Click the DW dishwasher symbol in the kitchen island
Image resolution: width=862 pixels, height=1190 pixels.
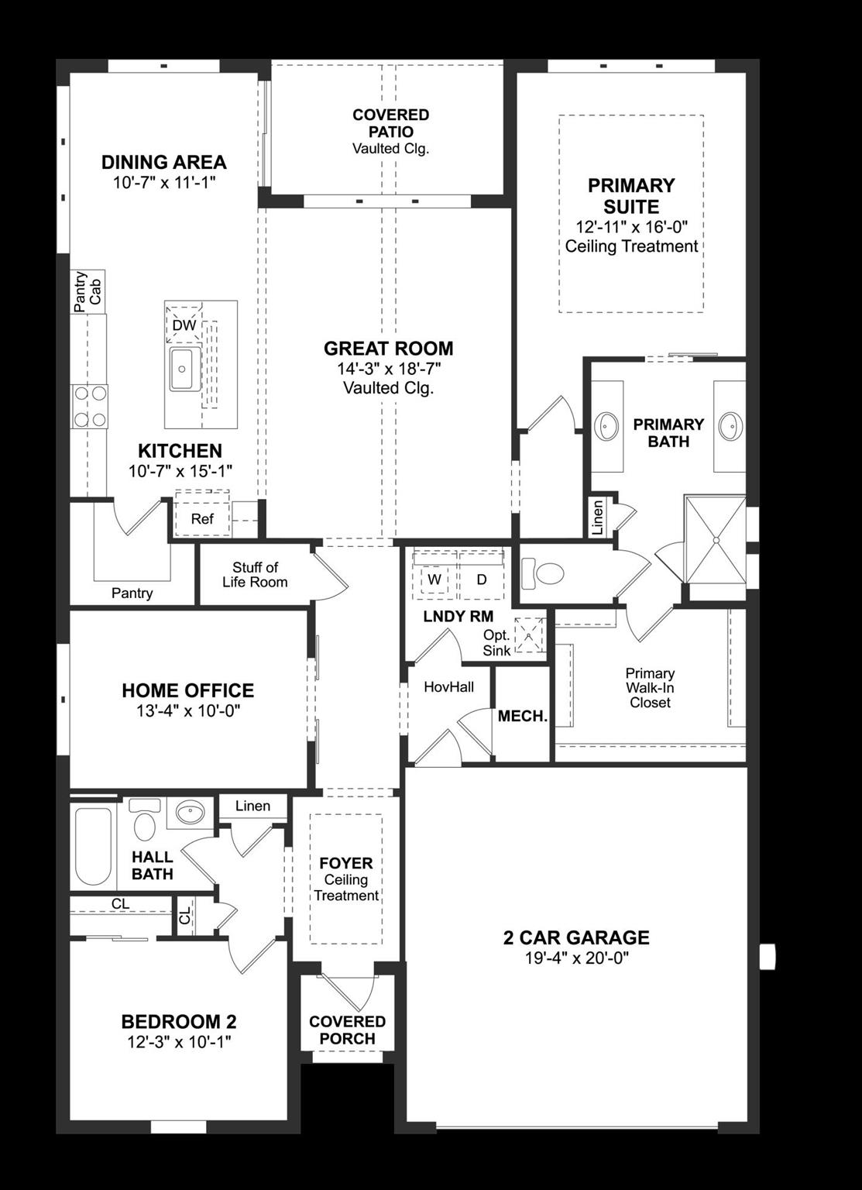184,325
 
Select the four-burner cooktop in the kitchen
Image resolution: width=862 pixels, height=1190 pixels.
89,407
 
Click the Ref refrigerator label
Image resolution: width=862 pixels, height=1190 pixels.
202,518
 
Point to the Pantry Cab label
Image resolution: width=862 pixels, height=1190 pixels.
88,291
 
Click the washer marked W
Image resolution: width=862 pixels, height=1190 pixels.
434,580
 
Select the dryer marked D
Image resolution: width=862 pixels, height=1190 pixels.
481,580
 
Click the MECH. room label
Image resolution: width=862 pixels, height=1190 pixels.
522,717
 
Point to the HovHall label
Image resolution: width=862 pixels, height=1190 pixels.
448,687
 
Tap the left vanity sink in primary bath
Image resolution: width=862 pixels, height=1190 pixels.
606,426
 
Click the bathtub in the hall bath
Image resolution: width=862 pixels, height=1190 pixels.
93,846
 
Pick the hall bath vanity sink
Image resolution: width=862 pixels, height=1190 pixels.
190,813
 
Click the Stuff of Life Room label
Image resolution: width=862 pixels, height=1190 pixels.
255,575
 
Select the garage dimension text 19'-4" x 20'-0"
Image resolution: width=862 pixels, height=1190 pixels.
576,958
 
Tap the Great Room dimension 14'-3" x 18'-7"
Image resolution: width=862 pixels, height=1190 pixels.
388,369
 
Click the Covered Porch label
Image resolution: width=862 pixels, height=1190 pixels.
347,1030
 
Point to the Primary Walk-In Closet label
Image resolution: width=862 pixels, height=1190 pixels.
650,688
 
